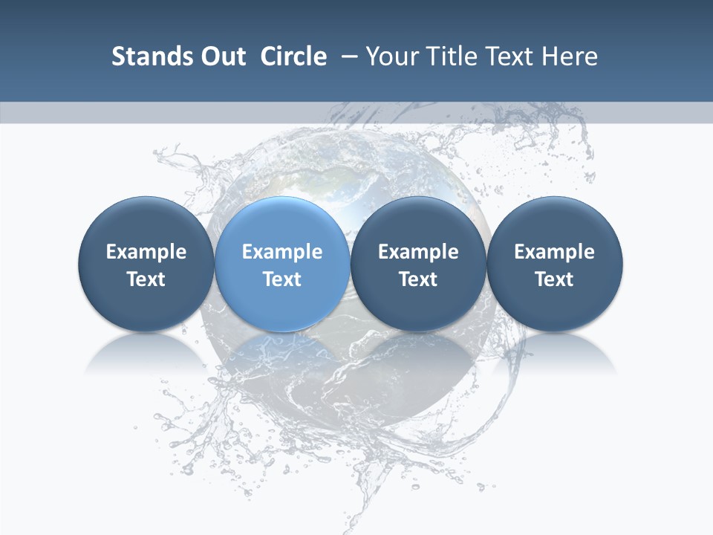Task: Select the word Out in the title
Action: tap(221, 56)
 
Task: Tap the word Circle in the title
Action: tap(293, 56)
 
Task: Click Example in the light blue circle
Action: tap(282, 252)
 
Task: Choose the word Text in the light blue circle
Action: tap(282, 279)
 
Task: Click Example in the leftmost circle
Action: tap(146, 252)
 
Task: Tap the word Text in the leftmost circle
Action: tap(146, 279)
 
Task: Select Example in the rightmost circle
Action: tap(554, 252)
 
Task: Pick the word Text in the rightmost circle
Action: tap(554, 279)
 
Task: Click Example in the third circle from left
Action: tap(418, 252)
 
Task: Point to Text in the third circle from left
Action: tap(418, 279)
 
